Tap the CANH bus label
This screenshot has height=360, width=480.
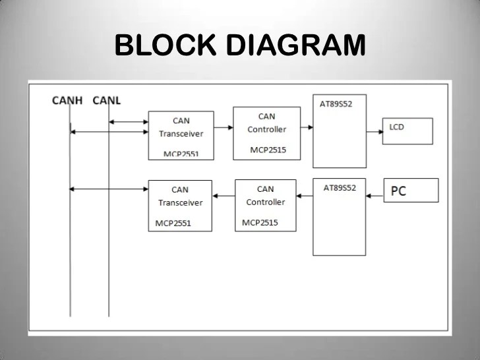68,101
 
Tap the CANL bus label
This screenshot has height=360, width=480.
107,101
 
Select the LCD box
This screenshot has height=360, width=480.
407,131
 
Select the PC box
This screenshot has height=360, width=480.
411,190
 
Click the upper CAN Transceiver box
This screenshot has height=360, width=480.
181,135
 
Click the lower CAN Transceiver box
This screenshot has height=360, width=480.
180,204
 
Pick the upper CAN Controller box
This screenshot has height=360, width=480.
266,133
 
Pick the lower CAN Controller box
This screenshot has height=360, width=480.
265,204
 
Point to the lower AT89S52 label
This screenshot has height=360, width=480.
340,188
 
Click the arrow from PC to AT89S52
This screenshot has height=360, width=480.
375,196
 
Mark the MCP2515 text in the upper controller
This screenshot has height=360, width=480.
268,150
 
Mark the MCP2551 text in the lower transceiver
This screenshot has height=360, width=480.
173,223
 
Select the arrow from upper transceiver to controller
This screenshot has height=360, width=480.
224,128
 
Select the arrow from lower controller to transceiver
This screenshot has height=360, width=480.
224,196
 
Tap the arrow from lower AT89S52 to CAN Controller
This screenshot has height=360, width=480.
305,196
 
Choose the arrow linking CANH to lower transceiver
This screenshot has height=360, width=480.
109,189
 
